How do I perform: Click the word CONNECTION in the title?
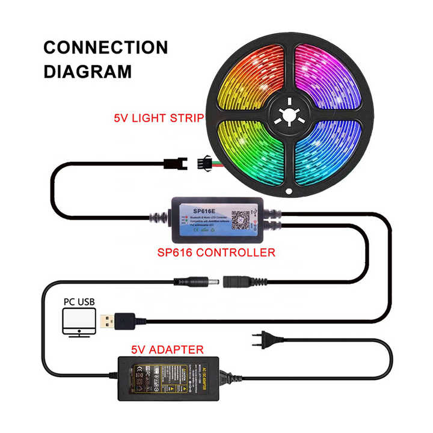click(x=106, y=48)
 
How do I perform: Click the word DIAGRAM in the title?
click(x=88, y=72)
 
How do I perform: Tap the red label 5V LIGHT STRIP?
click(x=158, y=118)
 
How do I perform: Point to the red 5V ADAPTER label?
click(x=168, y=349)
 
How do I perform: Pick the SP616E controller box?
click(x=219, y=218)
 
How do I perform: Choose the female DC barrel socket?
click(x=239, y=281)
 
